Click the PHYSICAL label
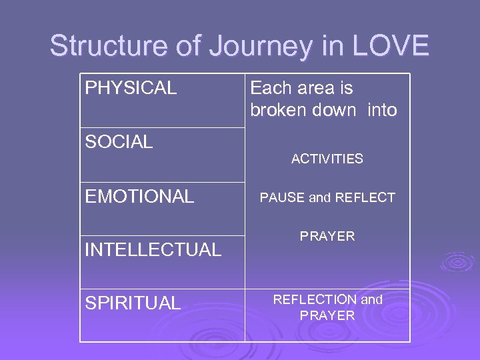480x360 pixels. coord(131,88)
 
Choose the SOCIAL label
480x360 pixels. coord(119,141)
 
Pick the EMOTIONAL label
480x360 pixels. coord(139,197)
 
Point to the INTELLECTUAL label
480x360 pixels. coord(153,250)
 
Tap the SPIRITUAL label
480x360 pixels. coord(133,303)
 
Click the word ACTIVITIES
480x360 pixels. coord(327,159)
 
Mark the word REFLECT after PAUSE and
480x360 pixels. coord(365,197)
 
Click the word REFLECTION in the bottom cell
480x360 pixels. coord(315,300)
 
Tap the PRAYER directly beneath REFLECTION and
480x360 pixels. coord(327,316)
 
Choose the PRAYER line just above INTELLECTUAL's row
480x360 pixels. coord(327,236)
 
